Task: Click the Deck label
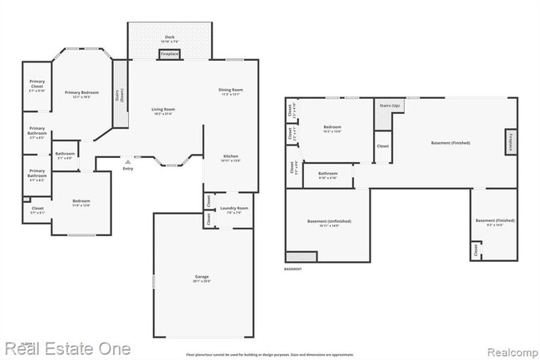(169, 37)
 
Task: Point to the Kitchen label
(230, 156)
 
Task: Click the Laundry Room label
(233, 209)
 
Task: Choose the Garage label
(202, 276)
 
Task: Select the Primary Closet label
(37, 83)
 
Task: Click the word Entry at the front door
(127, 169)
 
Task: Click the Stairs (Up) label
(390, 106)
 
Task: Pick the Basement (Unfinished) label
(329, 221)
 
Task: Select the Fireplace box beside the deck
(169, 54)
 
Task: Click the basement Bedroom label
(332, 127)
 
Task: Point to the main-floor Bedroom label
(81, 201)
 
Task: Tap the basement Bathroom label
(327, 174)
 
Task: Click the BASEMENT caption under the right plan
(293, 269)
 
